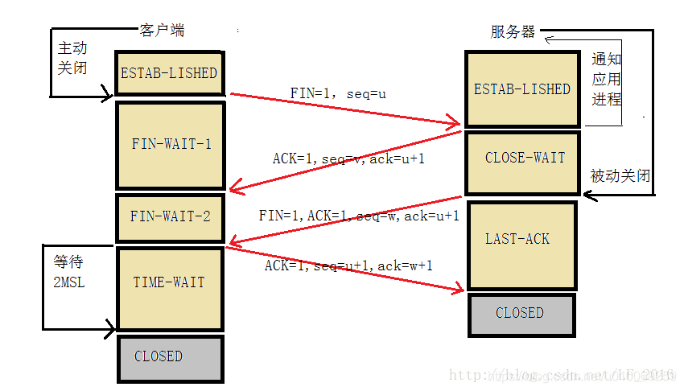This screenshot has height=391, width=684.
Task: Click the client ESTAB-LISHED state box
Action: [169, 73]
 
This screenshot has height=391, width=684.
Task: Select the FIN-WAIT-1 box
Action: [171, 145]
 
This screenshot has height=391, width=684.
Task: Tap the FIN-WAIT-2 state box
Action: [171, 216]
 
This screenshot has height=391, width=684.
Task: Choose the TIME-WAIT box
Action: [170, 282]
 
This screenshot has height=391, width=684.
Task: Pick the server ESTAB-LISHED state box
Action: [521, 89]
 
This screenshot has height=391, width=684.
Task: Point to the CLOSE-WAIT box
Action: [525, 158]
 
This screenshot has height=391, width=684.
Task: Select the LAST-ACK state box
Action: [521, 240]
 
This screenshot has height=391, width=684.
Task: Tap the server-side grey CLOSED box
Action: [520, 313]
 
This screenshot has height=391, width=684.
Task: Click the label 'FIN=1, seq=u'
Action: [338, 94]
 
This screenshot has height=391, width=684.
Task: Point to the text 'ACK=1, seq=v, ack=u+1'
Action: [348, 159]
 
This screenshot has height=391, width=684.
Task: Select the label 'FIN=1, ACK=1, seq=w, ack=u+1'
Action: [359, 216]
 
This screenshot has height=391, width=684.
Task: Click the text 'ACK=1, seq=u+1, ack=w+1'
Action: [348, 265]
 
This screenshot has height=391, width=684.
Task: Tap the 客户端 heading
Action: [162, 31]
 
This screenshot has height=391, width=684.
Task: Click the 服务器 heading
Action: [513, 32]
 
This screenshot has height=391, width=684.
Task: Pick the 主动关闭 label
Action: [72, 58]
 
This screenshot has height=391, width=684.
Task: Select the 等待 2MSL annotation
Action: [69, 273]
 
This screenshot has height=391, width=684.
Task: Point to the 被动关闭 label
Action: [620, 176]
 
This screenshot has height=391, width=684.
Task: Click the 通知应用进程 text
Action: [607, 80]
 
